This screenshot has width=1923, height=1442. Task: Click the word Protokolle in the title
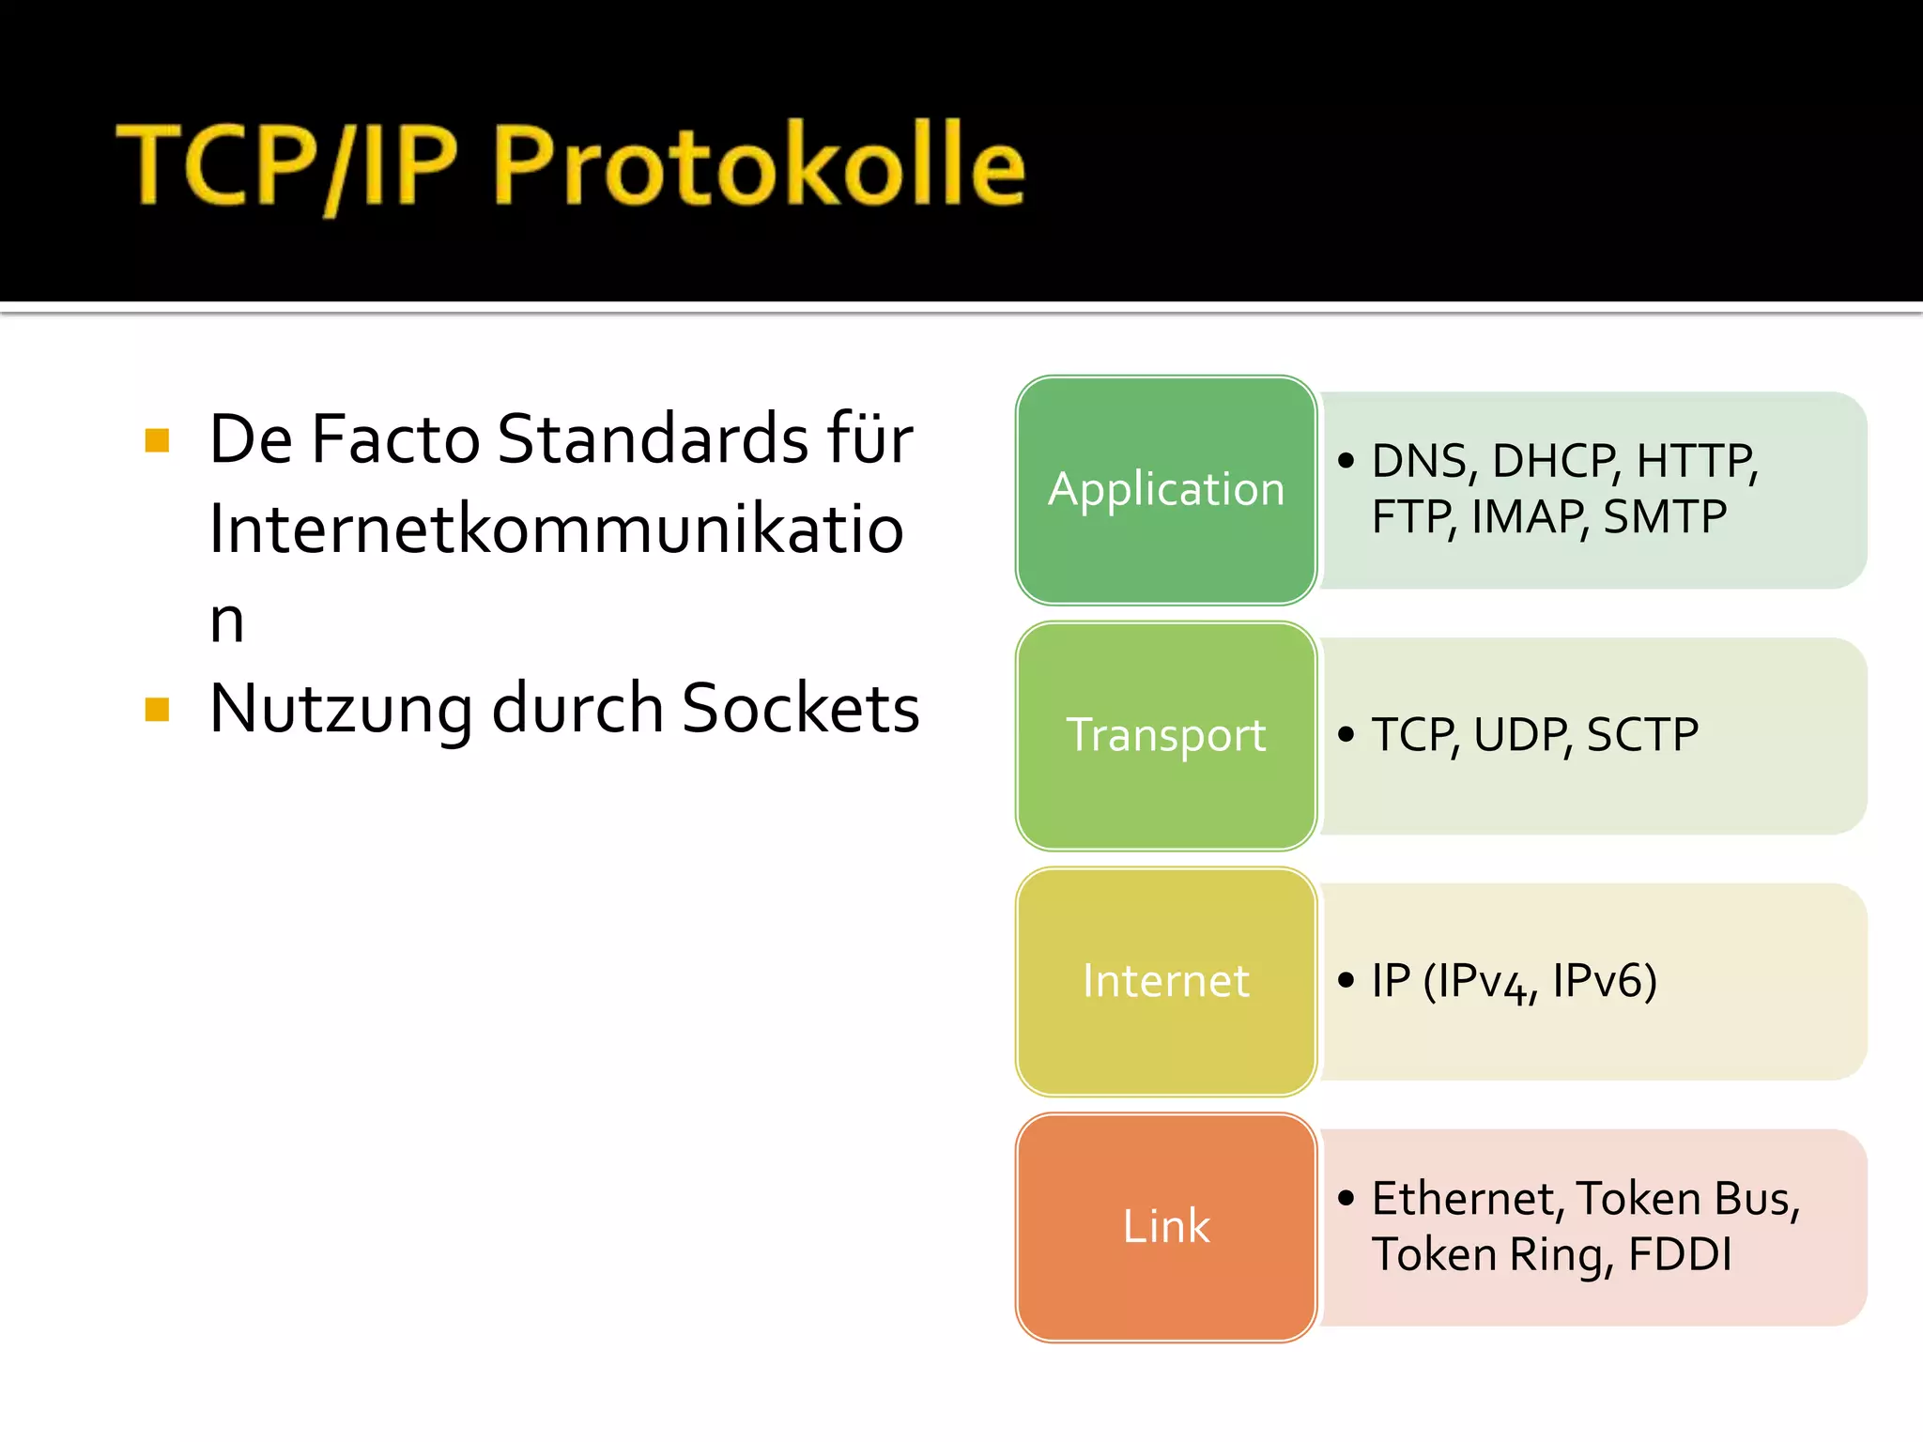point(759,164)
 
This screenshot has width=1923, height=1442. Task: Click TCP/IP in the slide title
point(287,164)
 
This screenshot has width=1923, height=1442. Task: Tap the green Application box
point(1166,490)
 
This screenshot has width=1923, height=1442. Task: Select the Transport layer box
point(1166,736)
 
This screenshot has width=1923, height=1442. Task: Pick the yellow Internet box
point(1166,981)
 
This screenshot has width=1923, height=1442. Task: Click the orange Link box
point(1166,1227)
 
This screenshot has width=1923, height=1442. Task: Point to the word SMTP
point(1665,516)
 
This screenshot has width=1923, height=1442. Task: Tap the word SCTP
point(1642,734)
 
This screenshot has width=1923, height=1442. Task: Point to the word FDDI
point(1680,1254)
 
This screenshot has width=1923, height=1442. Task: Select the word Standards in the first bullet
point(653,438)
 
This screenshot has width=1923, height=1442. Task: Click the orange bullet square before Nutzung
point(158,709)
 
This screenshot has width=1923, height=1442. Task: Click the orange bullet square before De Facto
point(158,439)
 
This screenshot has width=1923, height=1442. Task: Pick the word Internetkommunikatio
point(556,529)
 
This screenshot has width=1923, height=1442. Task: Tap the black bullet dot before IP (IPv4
point(1346,980)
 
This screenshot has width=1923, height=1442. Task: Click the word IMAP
point(1530,516)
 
